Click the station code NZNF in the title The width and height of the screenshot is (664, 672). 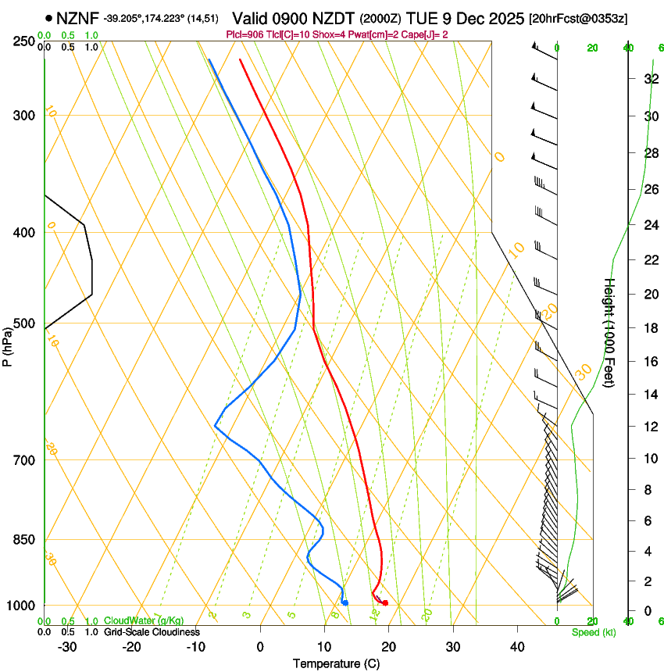click(78, 17)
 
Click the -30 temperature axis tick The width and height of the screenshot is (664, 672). click(67, 647)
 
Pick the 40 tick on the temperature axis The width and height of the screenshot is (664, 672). click(516, 647)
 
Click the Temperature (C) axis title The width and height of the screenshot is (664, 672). click(336, 663)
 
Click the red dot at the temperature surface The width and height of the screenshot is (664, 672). click(385, 602)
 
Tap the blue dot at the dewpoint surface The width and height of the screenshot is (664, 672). click(345, 602)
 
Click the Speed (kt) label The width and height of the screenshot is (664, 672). click(593, 632)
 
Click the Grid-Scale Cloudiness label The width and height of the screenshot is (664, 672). click(152, 632)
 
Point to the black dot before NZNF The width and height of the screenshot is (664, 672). click(49, 17)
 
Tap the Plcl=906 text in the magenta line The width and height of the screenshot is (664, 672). click(245, 35)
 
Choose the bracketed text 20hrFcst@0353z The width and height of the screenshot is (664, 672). click(578, 18)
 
